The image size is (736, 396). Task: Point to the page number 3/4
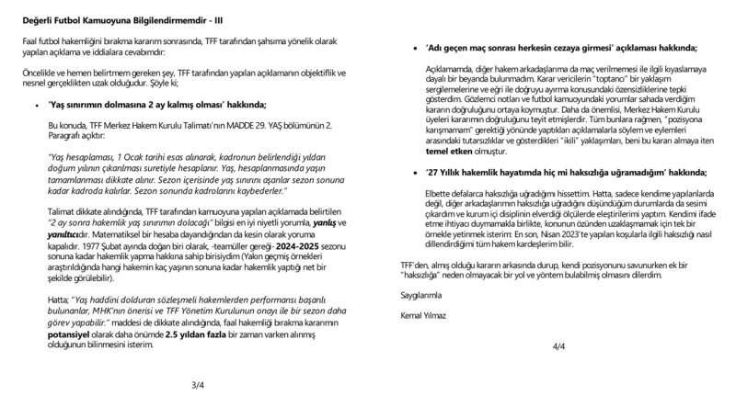197,384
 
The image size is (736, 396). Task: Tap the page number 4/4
559,346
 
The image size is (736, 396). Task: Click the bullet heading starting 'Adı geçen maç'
561,47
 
